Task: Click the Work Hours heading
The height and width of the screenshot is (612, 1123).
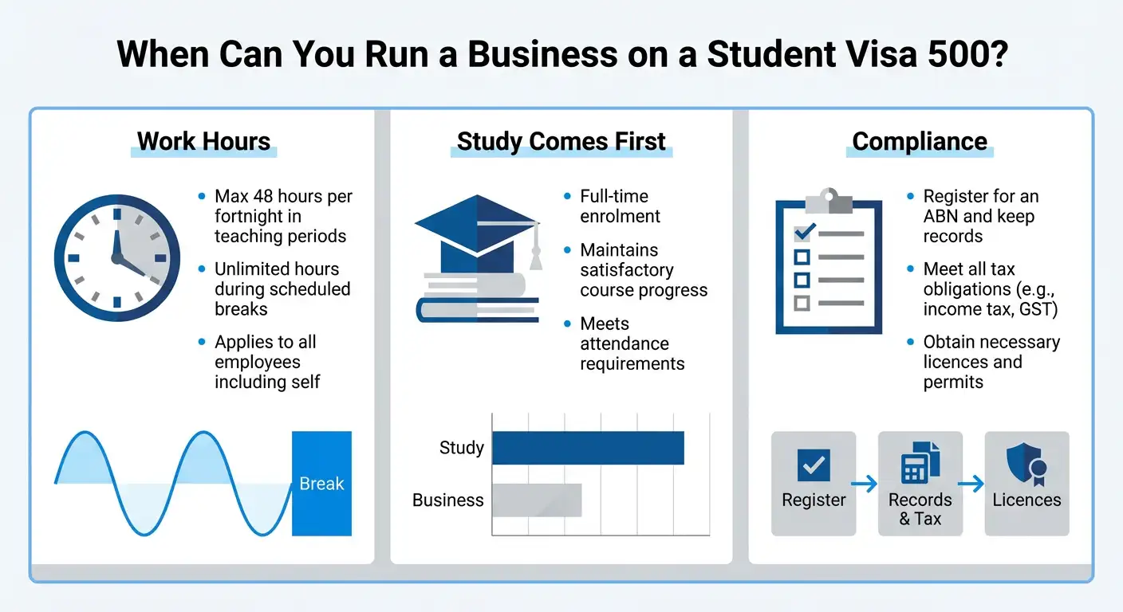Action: [203, 142]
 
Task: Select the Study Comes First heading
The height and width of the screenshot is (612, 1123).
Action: [561, 142]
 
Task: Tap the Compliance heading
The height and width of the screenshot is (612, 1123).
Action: [920, 142]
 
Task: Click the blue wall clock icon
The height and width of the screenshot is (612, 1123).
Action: [112, 258]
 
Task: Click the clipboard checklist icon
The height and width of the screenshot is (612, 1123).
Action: [829, 264]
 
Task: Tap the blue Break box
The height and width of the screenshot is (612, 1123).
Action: [321, 484]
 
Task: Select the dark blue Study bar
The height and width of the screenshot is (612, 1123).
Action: [588, 448]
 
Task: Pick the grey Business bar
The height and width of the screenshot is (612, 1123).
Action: [537, 500]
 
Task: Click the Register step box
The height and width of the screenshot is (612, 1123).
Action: [814, 484]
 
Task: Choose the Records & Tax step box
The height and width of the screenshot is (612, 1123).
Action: [920, 484]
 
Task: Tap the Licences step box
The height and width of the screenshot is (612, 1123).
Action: [1026, 484]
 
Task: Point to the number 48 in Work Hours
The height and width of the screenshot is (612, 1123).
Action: [263, 197]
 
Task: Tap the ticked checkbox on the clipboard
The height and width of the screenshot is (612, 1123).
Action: [803, 233]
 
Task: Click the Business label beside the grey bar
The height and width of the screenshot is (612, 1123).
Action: [448, 500]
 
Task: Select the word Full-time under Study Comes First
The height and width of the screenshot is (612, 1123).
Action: [614, 197]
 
